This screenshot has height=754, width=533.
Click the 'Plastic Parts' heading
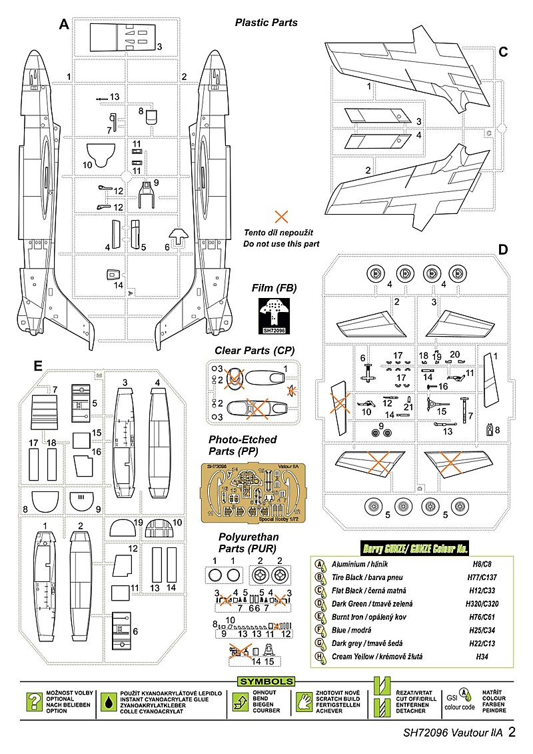(266, 22)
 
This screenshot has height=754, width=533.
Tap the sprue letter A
(64, 25)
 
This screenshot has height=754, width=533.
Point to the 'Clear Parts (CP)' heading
(254, 351)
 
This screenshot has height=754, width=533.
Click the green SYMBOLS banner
(266, 681)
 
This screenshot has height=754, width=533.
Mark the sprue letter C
(504, 51)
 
